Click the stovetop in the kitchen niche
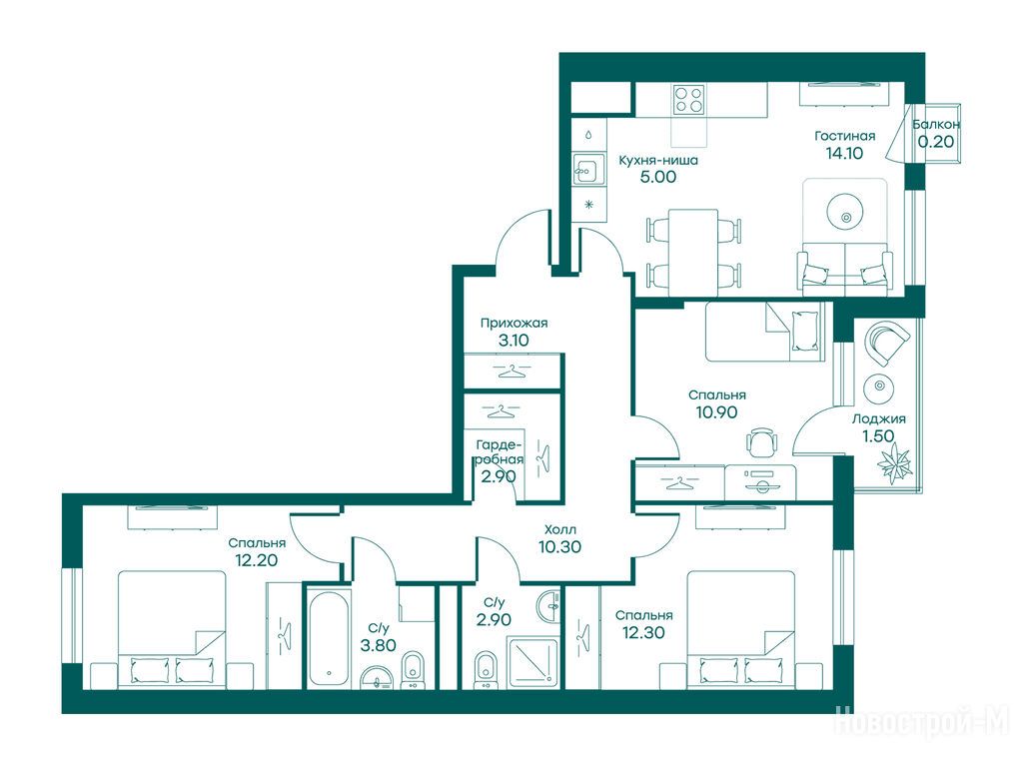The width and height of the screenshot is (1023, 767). [x=689, y=100]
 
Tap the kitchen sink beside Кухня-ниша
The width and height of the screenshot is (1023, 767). [x=587, y=171]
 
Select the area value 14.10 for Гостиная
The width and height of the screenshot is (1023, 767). [x=844, y=153]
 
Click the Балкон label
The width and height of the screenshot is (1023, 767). [x=936, y=124]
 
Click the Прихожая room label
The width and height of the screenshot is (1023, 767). [x=513, y=323]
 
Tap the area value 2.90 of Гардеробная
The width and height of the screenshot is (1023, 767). [x=499, y=476]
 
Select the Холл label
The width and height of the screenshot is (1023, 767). [x=560, y=529]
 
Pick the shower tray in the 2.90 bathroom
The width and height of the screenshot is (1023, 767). [x=533, y=663]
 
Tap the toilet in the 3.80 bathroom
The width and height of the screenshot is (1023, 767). [x=412, y=669]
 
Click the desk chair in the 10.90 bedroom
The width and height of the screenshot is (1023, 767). [x=761, y=442]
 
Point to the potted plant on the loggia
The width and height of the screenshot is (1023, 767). [x=893, y=462]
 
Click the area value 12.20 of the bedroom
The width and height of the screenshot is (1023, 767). [x=257, y=560]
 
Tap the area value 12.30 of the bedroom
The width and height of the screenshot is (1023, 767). [x=643, y=632]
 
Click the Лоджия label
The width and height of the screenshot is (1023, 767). [x=878, y=419]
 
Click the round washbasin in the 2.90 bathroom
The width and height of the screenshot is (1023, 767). [x=549, y=606]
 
